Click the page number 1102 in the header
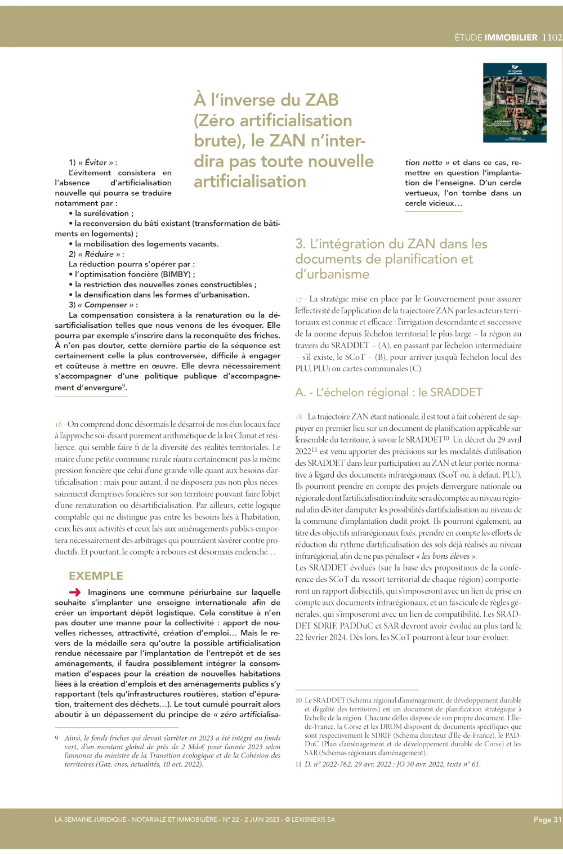[x=552, y=37]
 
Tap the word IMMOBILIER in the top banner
[x=511, y=38]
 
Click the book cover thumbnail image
[x=515, y=103]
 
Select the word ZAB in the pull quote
[x=322, y=100]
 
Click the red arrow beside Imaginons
[x=75, y=592]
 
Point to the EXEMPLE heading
[x=96, y=576]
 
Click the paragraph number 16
[x=59, y=424]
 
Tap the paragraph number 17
[x=299, y=299]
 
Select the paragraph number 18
[x=299, y=417]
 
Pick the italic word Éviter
[x=96, y=162]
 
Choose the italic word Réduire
[x=99, y=254]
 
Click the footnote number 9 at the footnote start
[x=57, y=738]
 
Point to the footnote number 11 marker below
[x=298, y=764]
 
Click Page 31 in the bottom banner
[x=547, y=820]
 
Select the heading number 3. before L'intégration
[x=301, y=244]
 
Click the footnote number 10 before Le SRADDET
[x=298, y=700]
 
